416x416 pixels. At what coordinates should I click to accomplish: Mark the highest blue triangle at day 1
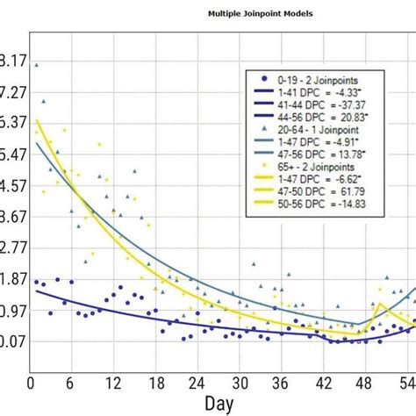[x=36, y=64]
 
